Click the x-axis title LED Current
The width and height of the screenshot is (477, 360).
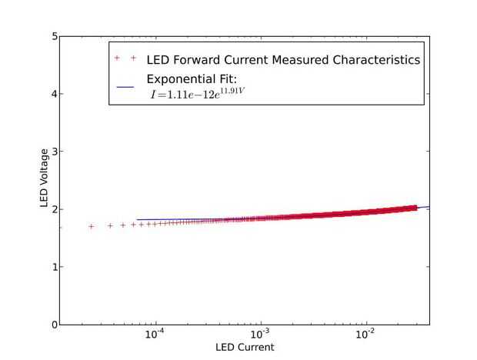(245, 347)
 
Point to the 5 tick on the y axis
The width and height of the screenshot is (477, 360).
(54, 36)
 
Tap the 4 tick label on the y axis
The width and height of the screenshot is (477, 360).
(54, 94)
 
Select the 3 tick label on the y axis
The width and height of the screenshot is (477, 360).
(54, 152)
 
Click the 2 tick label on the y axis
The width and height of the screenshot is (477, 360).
(54, 209)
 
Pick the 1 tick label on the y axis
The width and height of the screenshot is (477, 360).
(54, 267)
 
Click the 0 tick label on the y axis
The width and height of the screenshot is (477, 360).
(54, 325)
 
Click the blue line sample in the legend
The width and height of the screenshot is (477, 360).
(125, 86)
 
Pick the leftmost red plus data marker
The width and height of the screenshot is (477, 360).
(92, 226)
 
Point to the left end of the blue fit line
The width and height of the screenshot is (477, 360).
(137, 220)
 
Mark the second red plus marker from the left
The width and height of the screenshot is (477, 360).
(110, 225)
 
